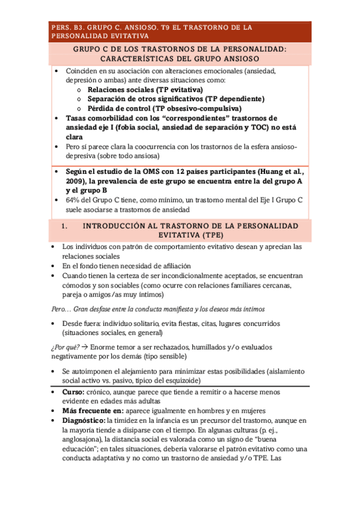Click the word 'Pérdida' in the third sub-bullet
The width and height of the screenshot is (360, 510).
point(103,108)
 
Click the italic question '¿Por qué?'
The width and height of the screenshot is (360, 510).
point(64,347)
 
